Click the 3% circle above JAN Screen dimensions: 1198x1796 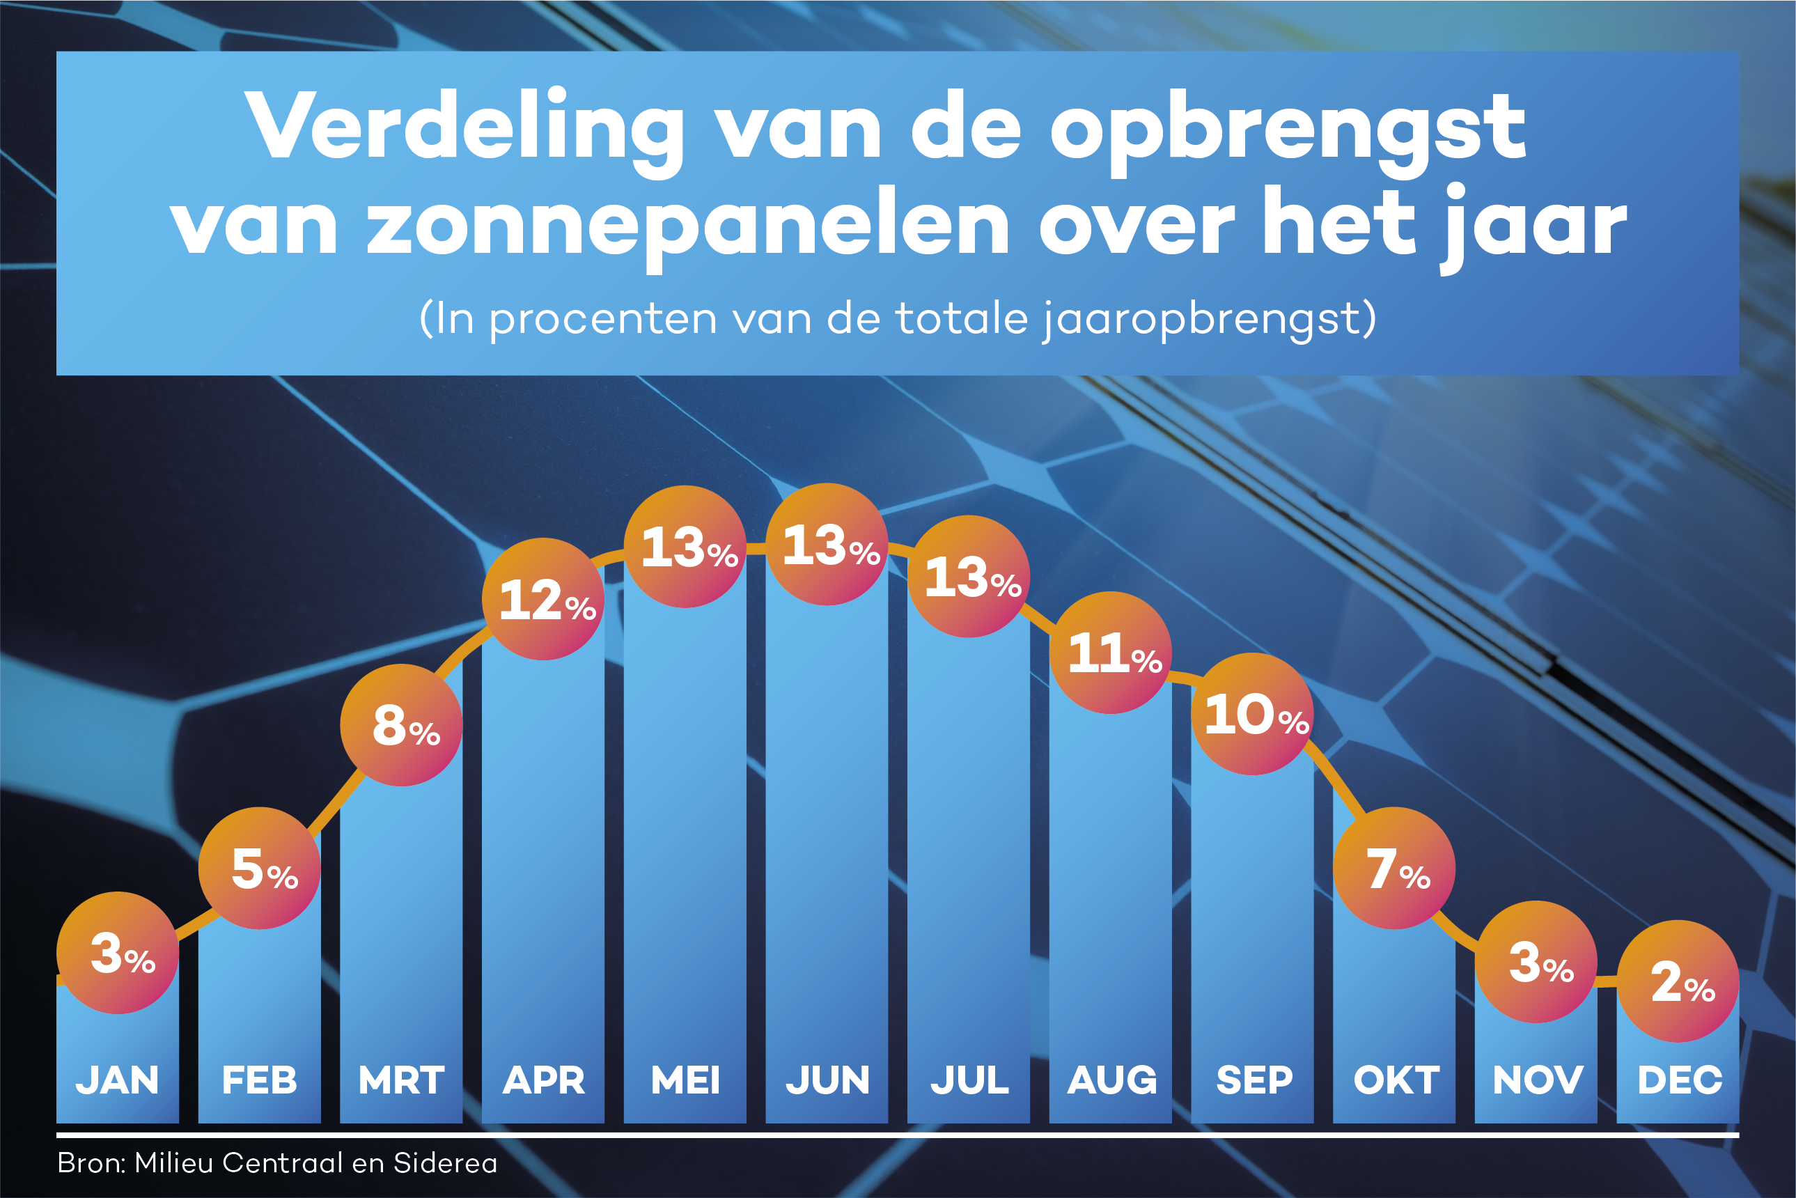point(118,953)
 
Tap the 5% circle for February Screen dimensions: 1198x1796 point(259,868)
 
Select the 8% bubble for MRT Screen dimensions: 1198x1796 point(401,724)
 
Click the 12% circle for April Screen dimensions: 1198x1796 point(543,599)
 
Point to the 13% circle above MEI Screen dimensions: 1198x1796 point(685,546)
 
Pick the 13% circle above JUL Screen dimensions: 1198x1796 point(969,576)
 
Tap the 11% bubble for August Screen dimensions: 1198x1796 point(1110,653)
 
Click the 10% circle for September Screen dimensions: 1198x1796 point(1252,714)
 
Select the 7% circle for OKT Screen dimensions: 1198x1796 point(1393,868)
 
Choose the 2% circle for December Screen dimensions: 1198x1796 point(1678,981)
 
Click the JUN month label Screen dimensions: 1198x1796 point(827,1080)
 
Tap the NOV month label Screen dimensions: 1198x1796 point(1537,1080)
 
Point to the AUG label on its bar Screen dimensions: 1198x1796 point(1111,1080)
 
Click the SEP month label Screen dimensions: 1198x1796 point(1254,1080)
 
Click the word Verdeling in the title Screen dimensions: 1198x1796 point(465,127)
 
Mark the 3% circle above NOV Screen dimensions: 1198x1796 point(1536,962)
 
